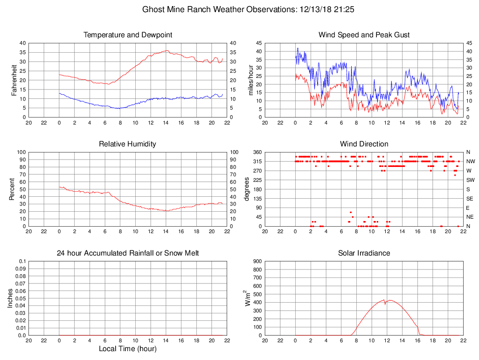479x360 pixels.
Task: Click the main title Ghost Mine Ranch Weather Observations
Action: (248, 9)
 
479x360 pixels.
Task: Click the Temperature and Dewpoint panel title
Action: (128, 35)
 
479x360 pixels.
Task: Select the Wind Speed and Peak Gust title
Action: (364, 35)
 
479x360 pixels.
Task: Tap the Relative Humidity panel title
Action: (128, 144)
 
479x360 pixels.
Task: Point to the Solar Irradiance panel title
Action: (364, 253)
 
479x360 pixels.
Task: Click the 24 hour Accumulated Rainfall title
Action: (128, 253)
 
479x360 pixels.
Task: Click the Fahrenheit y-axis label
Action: (14, 80)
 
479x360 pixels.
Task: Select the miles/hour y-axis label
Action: (251, 80)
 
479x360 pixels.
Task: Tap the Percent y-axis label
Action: (12, 189)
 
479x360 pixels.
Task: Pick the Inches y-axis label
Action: (10, 298)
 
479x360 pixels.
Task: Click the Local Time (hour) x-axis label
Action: (128, 349)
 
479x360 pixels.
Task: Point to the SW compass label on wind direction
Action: (470, 180)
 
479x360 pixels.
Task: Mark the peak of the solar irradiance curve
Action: (384, 300)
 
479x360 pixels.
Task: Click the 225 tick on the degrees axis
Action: (257, 180)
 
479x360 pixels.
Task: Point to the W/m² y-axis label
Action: (248, 298)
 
